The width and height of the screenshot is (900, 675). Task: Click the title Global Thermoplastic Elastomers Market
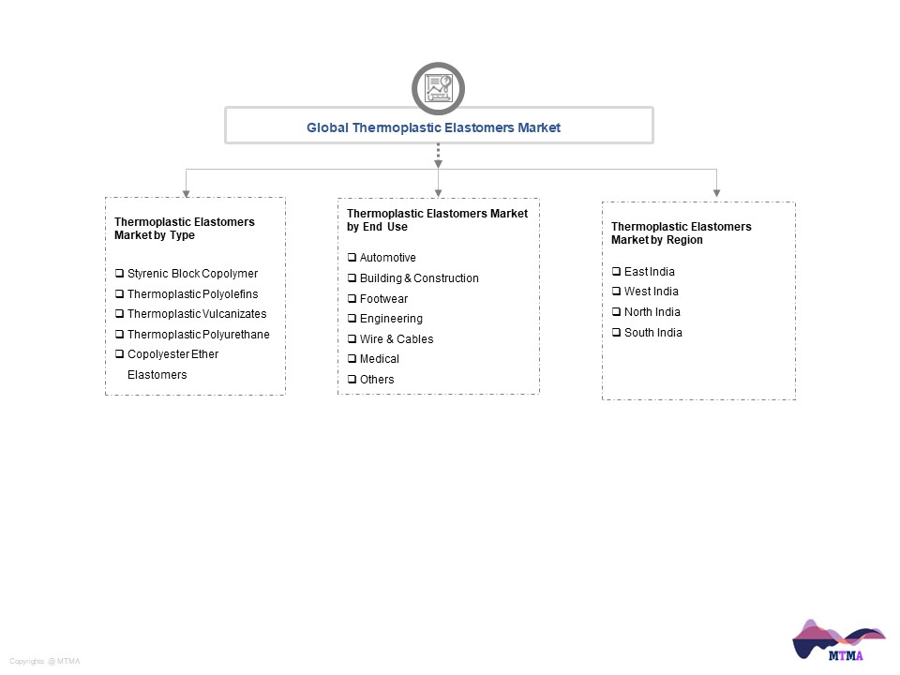(433, 127)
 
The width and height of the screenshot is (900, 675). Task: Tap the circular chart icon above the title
(438, 88)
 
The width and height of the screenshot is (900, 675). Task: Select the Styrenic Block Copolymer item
(192, 274)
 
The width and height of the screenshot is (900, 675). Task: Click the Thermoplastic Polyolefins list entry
(192, 293)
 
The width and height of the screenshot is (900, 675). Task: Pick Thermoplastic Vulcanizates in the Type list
(197, 314)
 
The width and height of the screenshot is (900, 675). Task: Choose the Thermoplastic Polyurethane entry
(198, 334)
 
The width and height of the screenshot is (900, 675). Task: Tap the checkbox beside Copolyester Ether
(119, 354)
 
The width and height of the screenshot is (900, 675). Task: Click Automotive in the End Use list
(387, 258)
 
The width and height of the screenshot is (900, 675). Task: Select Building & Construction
(419, 278)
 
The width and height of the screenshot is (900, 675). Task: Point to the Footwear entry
(383, 298)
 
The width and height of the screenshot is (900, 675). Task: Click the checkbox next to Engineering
(352, 319)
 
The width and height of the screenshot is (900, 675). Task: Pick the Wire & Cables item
(396, 339)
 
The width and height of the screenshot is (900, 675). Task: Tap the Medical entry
(379, 359)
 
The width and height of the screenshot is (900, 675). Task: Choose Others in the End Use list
(377, 380)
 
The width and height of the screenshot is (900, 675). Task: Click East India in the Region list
(649, 272)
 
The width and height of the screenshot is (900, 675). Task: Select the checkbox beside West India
(617, 291)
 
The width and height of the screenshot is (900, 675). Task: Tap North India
(652, 311)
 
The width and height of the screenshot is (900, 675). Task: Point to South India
(653, 332)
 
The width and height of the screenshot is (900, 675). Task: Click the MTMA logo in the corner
(839, 640)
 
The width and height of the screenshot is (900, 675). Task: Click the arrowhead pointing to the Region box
(716, 193)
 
